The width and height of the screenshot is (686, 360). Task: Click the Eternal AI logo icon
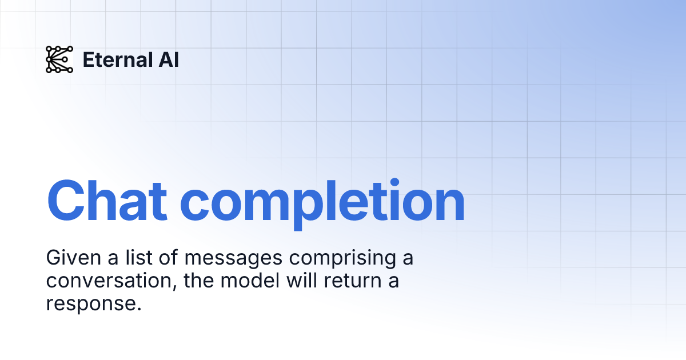click(59, 59)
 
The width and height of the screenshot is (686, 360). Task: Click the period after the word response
click(138, 309)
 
